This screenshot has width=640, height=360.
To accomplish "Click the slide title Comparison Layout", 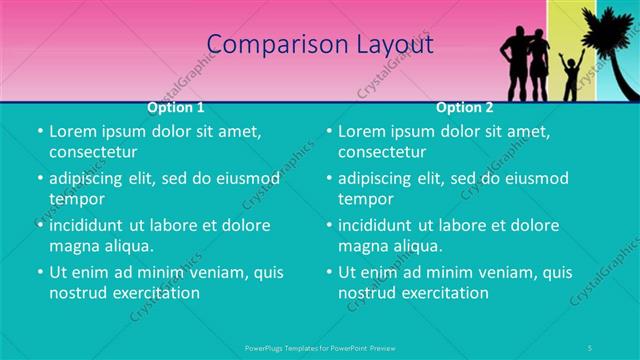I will point(320,45).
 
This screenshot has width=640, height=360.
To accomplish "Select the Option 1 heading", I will point(176,107).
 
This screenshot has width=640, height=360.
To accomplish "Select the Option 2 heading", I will point(465,107).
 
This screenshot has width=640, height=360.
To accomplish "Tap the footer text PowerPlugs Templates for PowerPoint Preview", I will point(320,347).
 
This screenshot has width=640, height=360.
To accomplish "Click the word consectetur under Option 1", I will point(93,153).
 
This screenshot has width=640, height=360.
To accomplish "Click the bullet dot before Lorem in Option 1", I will point(39,131).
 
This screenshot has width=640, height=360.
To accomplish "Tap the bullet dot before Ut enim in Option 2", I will point(329,272).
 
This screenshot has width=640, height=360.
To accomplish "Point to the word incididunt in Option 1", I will point(88,225).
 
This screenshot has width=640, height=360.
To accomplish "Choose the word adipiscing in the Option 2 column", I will point(379,178).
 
